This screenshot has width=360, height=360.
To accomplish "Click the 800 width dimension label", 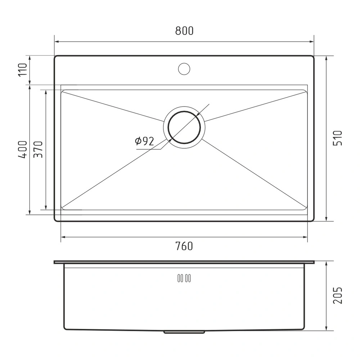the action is [x=184, y=31].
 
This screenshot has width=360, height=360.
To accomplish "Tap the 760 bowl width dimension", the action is [x=184, y=246].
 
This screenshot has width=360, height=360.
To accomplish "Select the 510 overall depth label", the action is [x=338, y=138].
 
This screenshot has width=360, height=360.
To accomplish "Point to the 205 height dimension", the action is [x=338, y=296].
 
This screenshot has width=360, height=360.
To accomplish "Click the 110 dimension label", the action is [x=23, y=70].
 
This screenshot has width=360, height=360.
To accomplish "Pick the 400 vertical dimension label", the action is [x=23, y=150].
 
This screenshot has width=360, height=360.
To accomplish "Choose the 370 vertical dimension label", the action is [x=38, y=149].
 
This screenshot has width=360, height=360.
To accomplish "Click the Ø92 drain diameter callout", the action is [x=144, y=141].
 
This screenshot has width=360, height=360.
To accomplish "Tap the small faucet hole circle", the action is [x=184, y=69].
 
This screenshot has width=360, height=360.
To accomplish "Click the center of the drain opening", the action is [x=184, y=127].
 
